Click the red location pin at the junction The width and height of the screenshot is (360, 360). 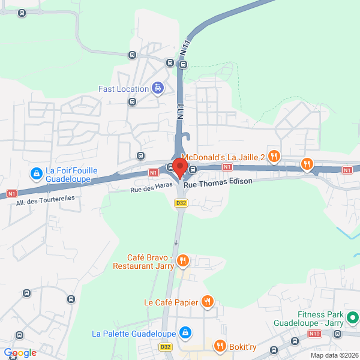(180, 167)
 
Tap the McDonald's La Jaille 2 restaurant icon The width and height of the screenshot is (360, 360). (274, 157)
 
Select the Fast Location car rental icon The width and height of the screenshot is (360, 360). (157, 89)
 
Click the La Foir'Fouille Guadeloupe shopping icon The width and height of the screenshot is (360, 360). (37, 174)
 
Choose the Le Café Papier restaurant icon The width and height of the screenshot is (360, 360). (207, 302)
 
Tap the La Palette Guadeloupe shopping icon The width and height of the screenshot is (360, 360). (185, 333)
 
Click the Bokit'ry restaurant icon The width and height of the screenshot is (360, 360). (220, 346)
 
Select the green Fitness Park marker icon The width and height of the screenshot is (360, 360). (354, 317)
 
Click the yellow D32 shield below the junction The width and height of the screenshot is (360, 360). (181, 203)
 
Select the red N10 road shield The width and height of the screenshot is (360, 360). (314, 333)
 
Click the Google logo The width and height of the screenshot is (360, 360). (20, 353)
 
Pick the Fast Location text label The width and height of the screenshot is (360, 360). (124, 89)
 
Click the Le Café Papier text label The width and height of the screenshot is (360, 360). (171, 302)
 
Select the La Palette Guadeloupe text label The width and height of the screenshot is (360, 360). (134, 333)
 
